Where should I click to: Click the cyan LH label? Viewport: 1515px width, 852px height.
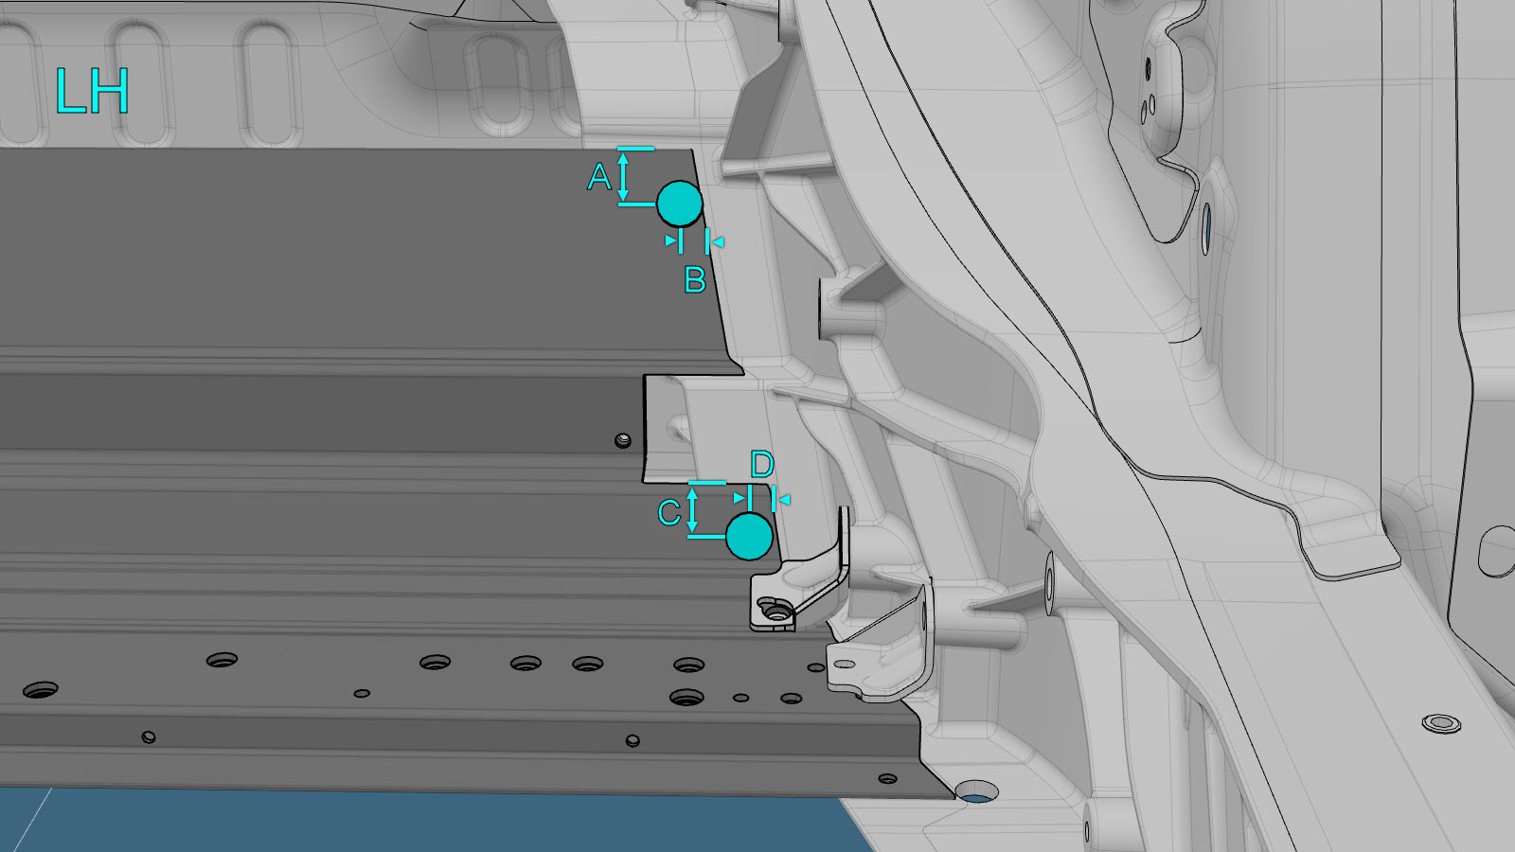[x=92, y=90]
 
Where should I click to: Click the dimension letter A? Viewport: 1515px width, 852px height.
[x=599, y=177]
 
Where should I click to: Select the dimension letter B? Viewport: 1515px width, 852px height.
[x=695, y=280]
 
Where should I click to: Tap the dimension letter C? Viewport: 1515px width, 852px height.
[x=669, y=512]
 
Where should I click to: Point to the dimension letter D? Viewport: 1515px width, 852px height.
[x=762, y=465]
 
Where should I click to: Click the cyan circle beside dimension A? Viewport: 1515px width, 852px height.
[x=680, y=204]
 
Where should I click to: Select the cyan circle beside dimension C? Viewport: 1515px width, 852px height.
[x=749, y=536]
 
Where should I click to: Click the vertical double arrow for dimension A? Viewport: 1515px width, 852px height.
[x=624, y=176]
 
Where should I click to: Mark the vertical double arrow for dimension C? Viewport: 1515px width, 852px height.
[x=692, y=510]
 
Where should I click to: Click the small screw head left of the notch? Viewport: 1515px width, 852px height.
[x=623, y=441]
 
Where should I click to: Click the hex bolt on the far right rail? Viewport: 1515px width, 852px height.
[x=1441, y=723]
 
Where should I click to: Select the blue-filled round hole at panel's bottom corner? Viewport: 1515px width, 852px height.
[x=976, y=792]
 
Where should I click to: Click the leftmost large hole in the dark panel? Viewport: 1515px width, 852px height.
[x=41, y=690]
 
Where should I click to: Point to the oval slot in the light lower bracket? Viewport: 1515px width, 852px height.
[x=844, y=664]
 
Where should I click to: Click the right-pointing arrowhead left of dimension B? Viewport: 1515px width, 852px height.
[x=671, y=240]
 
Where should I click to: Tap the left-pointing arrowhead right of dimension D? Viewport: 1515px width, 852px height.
[x=785, y=499]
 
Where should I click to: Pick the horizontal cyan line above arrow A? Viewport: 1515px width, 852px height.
[x=635, y=148]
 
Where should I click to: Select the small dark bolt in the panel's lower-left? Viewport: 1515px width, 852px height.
[x=149, y=737]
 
